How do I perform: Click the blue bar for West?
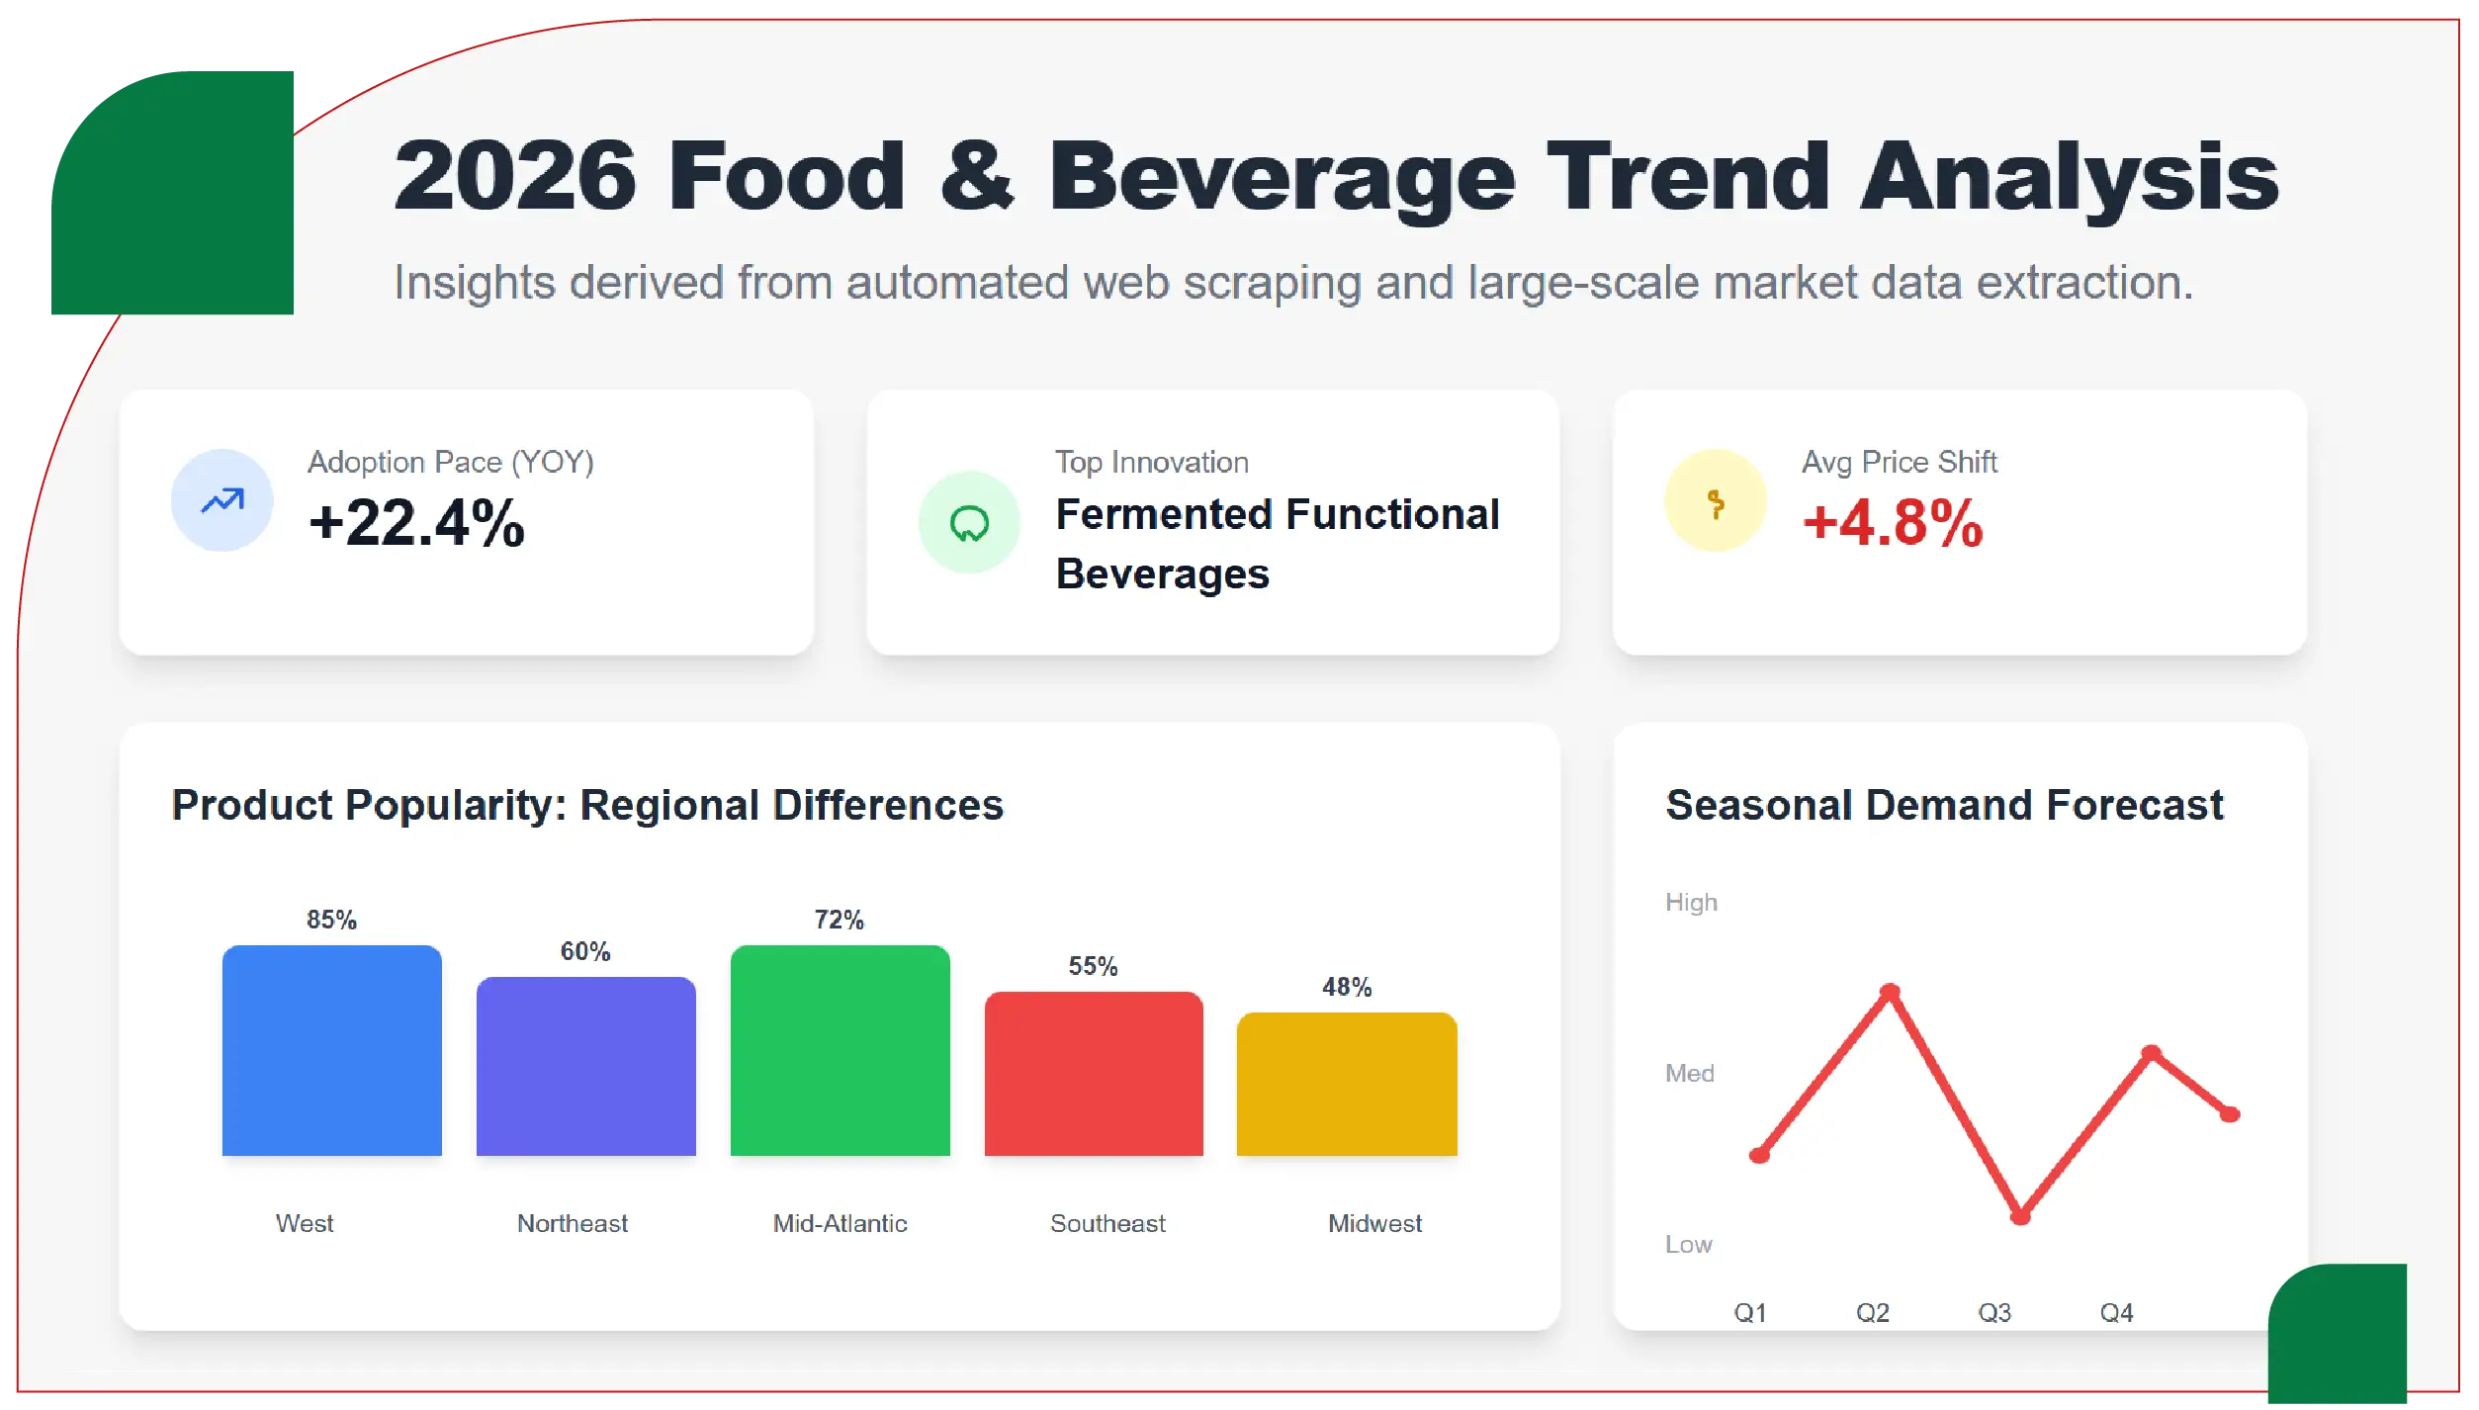click(331, 1050)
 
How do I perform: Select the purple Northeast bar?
click(585, 1066)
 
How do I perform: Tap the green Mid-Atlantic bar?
click(840, 1050)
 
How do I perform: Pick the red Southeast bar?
click(1094, 1074)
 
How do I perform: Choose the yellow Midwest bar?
click(1347, 1084)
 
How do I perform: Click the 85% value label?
click(331, 920)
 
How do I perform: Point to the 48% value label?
click(1347, 987)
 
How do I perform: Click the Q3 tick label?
click(1994, 1312)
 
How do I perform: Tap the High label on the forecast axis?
click(1691, 902)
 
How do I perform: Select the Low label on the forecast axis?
click(1688, 1244)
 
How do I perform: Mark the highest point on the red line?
click(1890, 991)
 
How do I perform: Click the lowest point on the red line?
click(2020, 1216)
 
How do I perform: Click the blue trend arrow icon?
click(222, 500)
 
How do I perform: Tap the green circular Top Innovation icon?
click(969, 522)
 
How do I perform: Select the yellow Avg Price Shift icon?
click(1716, 500)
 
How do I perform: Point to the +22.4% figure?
click(416, 522)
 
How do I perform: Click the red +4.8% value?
click(1893, 522)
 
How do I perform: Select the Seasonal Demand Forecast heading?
click(1944, 805)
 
